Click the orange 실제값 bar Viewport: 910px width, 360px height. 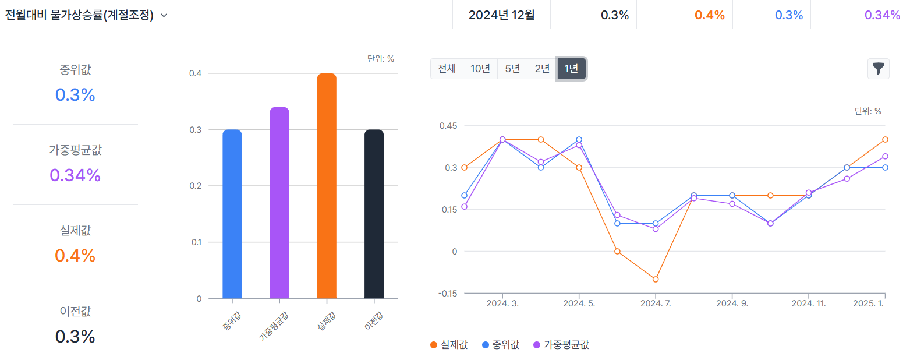[x=327, y=186]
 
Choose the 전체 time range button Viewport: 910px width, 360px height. [x=447, y=69]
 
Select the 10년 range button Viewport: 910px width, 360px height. [x=480, y=69]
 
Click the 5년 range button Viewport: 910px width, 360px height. [x=512, y=69]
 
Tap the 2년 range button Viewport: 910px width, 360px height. [x=542, y=69]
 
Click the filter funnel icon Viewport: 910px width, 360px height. [x=878, y=69]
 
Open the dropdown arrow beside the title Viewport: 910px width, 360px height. [x=164, y=16]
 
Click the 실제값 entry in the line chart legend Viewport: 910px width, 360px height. [x=449, y=344]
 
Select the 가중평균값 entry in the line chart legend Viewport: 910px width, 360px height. [x=561, y=344]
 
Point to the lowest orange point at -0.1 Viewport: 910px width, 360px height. [x=656, y=280]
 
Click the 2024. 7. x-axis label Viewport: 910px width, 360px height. [x=656, y=303]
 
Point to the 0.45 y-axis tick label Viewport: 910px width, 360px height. [x=448, y=126]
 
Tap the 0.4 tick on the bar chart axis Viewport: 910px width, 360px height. [x=195, y=73]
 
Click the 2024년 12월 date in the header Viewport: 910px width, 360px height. [x=501, y=16]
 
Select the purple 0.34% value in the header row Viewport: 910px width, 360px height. [x=883, y=16]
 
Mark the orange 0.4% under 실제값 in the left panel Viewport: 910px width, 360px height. [x=75, y=256]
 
